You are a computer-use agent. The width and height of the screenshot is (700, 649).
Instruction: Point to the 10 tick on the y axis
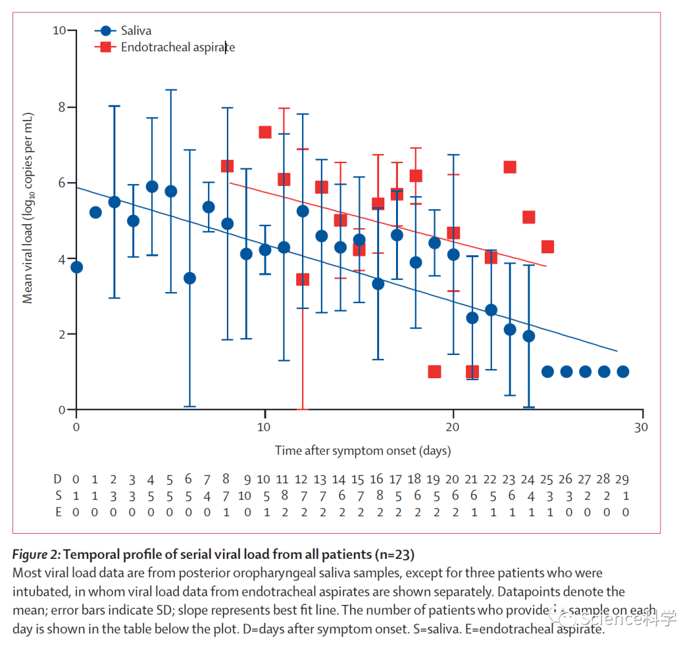click(x=60, y=30)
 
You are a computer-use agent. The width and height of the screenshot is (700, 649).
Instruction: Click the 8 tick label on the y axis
click(x=63, y=107)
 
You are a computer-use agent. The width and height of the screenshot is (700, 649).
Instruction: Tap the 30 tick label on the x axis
click(x=642, y=427)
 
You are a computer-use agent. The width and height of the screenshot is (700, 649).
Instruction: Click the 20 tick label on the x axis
click(x=453, y=427)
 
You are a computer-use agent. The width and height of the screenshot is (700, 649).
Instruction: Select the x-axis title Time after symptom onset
click(x=362, y=450)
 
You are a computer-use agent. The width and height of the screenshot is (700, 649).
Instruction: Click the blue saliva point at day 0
click(x=76, y=267)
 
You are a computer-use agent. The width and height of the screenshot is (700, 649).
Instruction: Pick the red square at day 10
click(x=264, y=132)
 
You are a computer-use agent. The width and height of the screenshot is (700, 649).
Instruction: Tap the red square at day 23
click(x=509, y=167)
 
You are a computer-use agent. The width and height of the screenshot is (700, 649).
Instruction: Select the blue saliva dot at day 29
click(x=623, y=371)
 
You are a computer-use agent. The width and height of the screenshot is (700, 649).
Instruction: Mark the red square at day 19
click(x=434, y=372)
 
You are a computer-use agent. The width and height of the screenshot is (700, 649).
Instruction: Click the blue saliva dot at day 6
click(x=189, y=278)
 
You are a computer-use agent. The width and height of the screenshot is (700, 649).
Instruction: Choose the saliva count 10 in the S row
click(x=244, y=495)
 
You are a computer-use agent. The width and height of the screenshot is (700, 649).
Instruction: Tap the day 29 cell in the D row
click(x=622, y=479)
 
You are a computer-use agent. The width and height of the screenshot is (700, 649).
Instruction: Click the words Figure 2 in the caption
click(x=36, y=554)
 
